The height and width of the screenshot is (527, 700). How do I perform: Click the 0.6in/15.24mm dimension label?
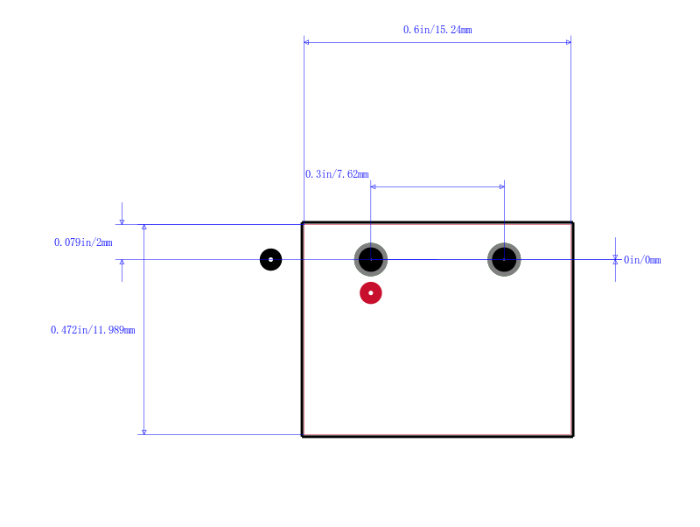point(437,30)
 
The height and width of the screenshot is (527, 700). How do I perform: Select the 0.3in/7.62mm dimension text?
point(337,174)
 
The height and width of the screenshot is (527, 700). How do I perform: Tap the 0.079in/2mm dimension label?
point(83,242)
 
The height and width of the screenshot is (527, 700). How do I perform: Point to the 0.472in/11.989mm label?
point(93,330)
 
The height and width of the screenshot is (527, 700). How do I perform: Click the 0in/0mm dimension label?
point(642,260)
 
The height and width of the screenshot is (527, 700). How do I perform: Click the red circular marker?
point(370,293)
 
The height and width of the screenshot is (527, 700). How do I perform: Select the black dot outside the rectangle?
point(270,259)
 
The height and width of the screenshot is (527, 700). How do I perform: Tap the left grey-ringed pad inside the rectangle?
point(370,259)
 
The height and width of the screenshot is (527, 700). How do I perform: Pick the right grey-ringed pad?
point(504,259)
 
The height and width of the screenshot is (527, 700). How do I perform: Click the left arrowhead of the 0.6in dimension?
point(306,42)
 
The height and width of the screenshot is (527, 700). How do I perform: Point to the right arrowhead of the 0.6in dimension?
point(568,42)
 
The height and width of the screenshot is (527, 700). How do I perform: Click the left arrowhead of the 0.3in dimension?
point(374,186)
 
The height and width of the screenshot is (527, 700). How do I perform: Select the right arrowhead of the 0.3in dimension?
point(501,186)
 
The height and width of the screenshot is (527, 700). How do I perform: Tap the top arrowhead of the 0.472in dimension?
point(143,227)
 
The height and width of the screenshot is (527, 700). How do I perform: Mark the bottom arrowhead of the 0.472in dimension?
point(143,432)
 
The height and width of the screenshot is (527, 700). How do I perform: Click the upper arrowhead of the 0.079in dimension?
point(122,222)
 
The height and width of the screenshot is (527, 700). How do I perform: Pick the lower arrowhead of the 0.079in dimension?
point(122,262)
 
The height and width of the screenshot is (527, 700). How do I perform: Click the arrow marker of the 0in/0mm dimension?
point(615,259)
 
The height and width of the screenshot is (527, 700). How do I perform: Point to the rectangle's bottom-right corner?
point(572,435)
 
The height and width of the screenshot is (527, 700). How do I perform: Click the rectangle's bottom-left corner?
point(303,435)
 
